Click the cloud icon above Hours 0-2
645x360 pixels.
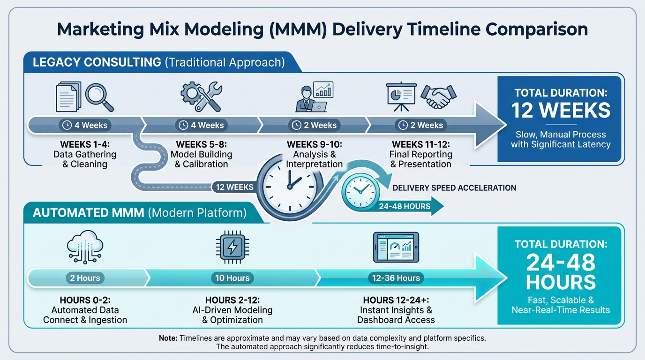(x=85, y=247)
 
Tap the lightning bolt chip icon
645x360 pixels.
(x=232, y=247)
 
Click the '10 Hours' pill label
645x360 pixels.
(x=232, y=278)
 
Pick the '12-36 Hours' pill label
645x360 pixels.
(x=396, y=278)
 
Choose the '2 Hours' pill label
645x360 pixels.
(x=85, y=278)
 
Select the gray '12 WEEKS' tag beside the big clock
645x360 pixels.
(x=234, y=187)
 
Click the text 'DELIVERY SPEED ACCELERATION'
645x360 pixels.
(x=454, y=188)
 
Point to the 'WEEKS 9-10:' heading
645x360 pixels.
(x=314, y=144)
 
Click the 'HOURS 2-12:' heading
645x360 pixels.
(x=232, y=300)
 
